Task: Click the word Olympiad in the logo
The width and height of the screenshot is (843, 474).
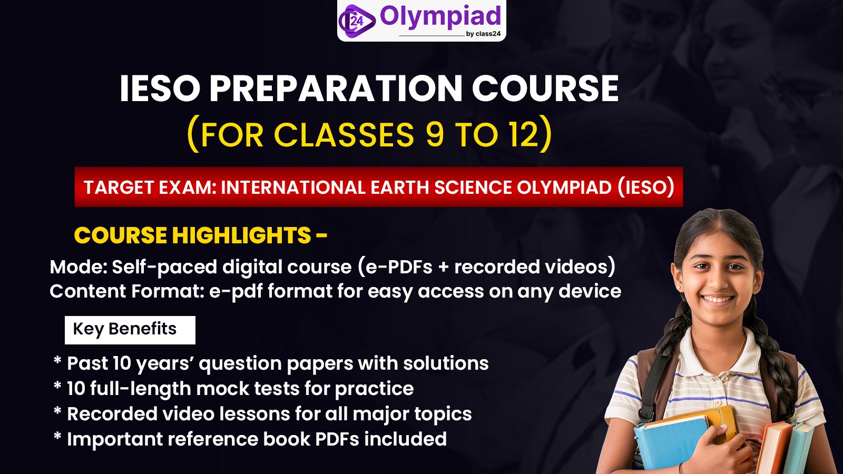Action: click(x=440, y=17)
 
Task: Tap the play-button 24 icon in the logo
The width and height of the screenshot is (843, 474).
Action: click(x=357, y=21)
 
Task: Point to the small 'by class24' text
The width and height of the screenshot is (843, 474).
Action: click(x=483, y=34)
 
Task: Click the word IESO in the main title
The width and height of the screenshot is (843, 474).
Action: click(x=160, y=88)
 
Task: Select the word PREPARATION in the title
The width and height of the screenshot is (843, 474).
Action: click(x=336, y=88)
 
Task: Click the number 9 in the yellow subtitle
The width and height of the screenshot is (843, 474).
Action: click(x=435, y=134)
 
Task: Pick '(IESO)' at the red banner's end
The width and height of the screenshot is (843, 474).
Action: click(x=646, y=187)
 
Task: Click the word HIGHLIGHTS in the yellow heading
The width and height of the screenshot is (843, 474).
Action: click(x=242, y=235)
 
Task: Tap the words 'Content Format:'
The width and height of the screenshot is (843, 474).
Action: click(x=126, y=291)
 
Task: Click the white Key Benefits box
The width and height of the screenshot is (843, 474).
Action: click(x=130, y=330)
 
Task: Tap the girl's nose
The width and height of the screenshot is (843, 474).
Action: click(x=718, y=279)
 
